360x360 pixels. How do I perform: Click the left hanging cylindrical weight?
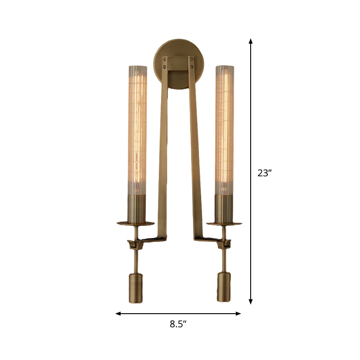(135, 287)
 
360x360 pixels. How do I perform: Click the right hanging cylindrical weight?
(225, 287)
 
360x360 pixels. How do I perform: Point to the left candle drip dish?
(135, 223)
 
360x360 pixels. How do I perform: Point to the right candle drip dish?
(225, 223)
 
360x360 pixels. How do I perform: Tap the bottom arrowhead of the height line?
(251, 302)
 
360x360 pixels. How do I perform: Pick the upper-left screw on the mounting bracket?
(166, 58)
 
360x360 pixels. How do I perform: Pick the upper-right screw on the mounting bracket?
(192, 58)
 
